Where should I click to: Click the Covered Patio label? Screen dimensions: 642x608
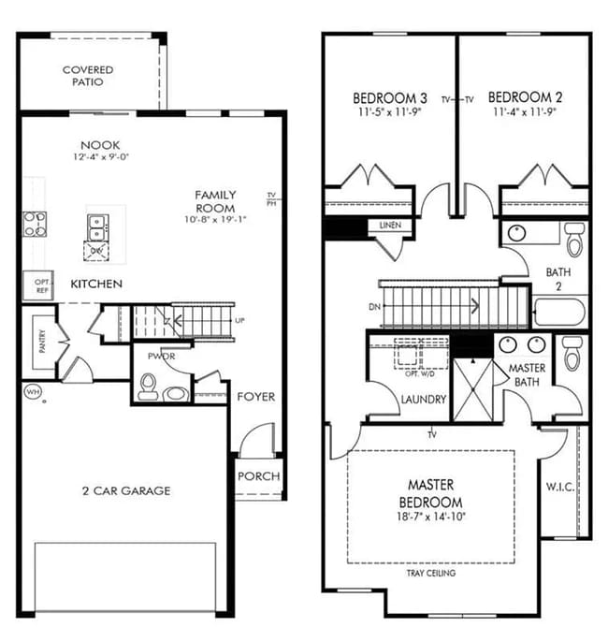pyautogui.click(x=88, y=76)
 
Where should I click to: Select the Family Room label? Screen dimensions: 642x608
pyautogui.click(x=215, y=201)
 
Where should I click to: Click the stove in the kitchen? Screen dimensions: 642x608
pyautogui.click(x=36, y=224)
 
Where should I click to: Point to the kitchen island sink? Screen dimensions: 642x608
pyautogui.click(x=95, y=224)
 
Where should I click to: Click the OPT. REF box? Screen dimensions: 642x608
pyautogui.click(x=41, y=285)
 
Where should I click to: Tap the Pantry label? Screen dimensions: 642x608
pyautogui.click(x=42, y=341)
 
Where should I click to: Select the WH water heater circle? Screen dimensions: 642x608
pyautogui.click(x=33, y=391)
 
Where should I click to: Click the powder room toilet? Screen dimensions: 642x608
pyautogui.click(x=148, y=387)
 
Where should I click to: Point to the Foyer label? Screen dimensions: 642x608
pyautogui.click(x=255, y=397)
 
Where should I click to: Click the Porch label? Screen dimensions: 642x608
pyautogui.click(x=258, y=476)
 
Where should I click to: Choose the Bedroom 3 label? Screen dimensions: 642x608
pyautogui.click(x=390, y=98)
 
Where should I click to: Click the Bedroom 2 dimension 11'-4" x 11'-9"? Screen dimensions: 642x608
pyautogui.click(x=526, y=112)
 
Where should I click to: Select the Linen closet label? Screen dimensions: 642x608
pyautogui.click(x=391, y=226)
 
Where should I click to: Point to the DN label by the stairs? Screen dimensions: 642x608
pyautogui.click(x=374, y=306)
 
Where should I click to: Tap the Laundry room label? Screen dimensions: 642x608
pyautogui.click(x=423, y=400)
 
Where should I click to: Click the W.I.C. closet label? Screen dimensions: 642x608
pyautogui.click(x=559, y=487)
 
